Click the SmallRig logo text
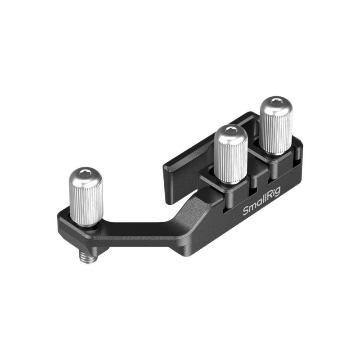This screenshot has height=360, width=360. click(x=262, y=201)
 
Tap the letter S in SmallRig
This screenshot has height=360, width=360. click(x=246, y=211)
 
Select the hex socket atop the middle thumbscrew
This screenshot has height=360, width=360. click(x=230, y=130)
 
